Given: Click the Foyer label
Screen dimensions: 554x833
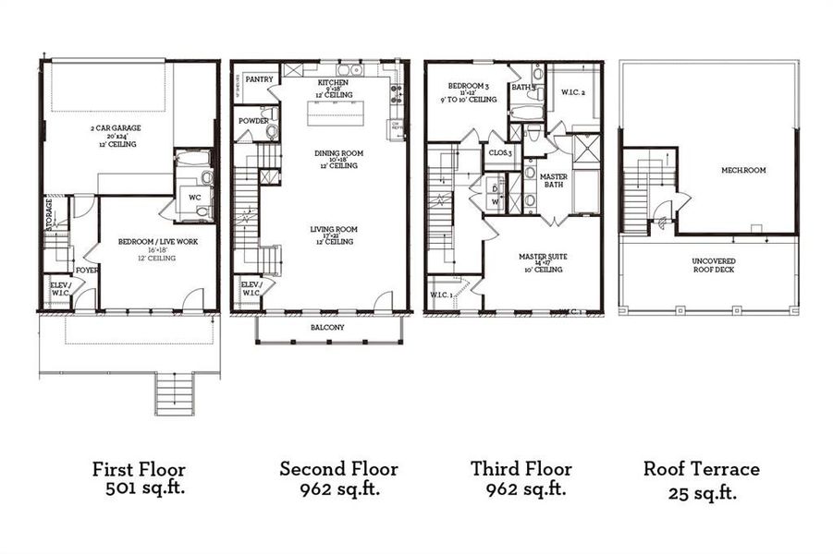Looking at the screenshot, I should (87, 271).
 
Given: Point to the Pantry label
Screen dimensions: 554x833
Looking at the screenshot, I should (260, 80).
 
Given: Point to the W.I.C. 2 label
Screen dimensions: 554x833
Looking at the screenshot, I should (573, 92).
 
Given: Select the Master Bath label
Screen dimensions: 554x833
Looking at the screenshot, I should (553, 181).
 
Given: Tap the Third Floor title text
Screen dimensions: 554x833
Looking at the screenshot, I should (521, 469).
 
